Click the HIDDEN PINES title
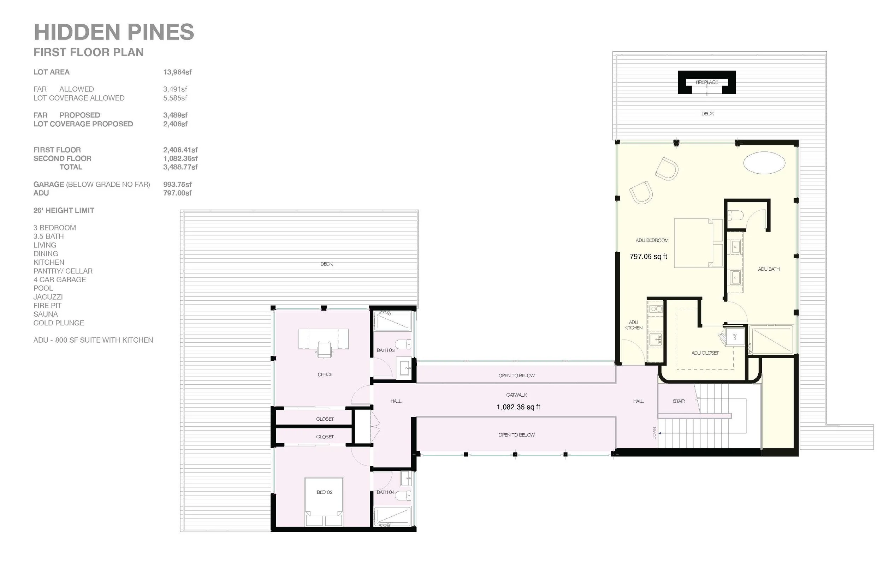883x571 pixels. tap(114, 32)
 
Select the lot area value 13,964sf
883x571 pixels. tap(177, 72)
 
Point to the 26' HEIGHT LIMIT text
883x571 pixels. tap(64, 210)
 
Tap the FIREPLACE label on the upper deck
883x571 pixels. tap(707, 82)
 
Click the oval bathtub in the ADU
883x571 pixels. tap(764, 162)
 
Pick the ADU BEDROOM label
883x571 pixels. tap(652, 240)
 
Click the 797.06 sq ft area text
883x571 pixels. tap(648, 256)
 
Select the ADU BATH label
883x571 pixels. tap(768, 269)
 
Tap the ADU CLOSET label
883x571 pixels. tap(705, 353)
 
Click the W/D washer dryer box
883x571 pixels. tap(735, 337)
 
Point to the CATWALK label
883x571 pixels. tap(516, 395)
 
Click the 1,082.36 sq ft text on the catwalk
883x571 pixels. tap(518, 407)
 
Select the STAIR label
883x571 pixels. tap(678, 401)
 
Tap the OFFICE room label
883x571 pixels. tap(325, 374)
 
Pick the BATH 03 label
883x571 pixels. tap(385, 350)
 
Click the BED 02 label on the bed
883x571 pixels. tap(325, 492)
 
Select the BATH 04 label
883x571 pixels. tap(385, 492)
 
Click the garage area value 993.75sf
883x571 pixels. tap(177, 184)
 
